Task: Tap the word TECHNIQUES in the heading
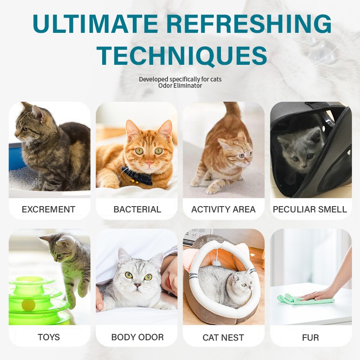tap(182, 55)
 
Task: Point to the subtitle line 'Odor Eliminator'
tap(180, 85)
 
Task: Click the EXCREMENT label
tap(49, 209)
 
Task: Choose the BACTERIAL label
tap(137, 209)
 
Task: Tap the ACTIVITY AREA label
tap(223, 209)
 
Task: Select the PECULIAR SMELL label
tap(310, 209)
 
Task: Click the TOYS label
tap(49, 337)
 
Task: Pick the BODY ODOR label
tap(137, 337)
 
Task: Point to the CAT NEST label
tap(223, 337)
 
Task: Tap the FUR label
tap(310, 337)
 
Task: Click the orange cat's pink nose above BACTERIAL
tap(149, 163)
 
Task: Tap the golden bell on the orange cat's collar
tap(133, 182)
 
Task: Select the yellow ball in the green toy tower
tap(28, 305)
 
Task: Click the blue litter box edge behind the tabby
tap(17, 156)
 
